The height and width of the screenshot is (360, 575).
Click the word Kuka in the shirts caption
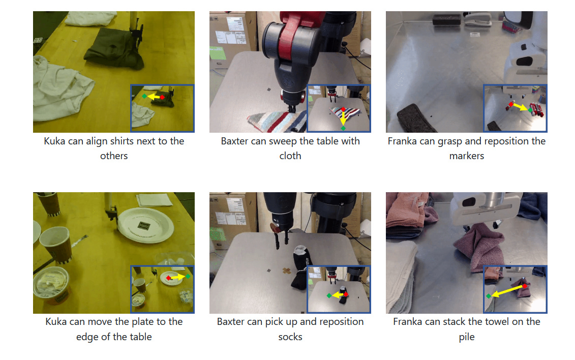point(54,141)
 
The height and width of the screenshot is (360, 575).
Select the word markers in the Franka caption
point(466,156)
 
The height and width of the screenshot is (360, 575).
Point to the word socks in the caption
point(290,337)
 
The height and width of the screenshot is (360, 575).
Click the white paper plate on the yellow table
point(145,225)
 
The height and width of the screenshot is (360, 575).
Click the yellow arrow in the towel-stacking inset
point(507,291)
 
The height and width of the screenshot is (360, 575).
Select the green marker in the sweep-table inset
point(343,128)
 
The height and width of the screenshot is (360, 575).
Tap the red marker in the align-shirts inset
point(162,98)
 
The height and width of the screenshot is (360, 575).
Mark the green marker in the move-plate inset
point(188,276)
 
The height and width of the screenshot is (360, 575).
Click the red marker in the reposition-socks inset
point(346,294)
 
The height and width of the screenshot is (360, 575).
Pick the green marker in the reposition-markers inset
point(530,110)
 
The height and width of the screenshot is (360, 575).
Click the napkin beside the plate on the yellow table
point(154,200)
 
